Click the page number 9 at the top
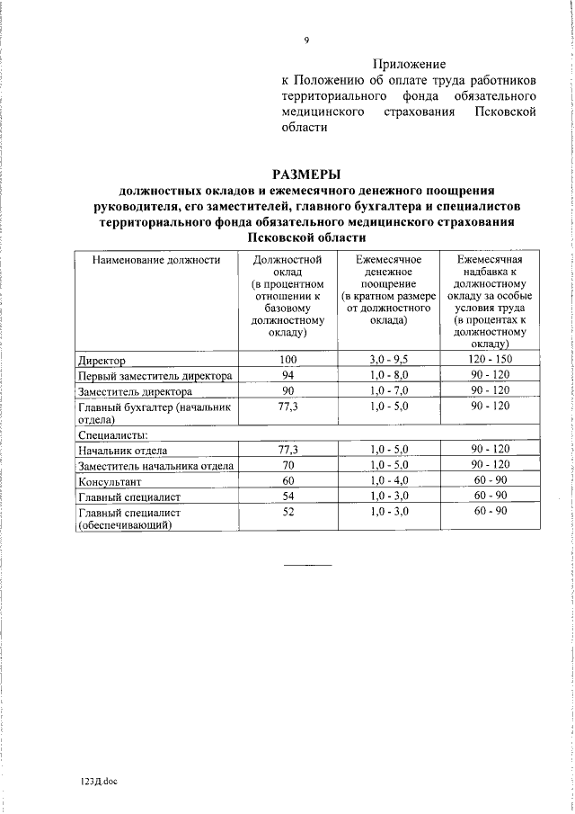(306, 40)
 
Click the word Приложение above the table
(409, 64)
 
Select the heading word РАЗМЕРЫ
(306, 174)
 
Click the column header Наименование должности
(156, 260)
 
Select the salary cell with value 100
(287, 360)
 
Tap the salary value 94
(287, 375)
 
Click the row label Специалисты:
(111, 434)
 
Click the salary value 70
(287, 465)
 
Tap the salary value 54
(287, 496)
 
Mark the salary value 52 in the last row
(287, 512)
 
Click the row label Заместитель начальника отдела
(156, 466)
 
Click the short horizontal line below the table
(307, 564)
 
